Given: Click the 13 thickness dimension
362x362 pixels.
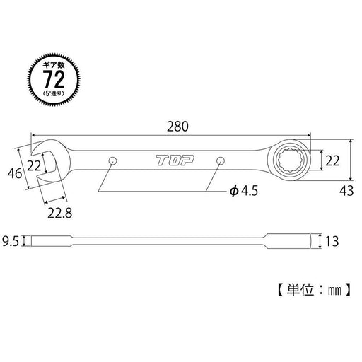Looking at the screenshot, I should (x=334, y=241).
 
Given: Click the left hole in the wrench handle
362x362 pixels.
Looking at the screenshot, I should (x=112, y=162).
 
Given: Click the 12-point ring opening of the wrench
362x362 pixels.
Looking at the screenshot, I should (x=292, y=162).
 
